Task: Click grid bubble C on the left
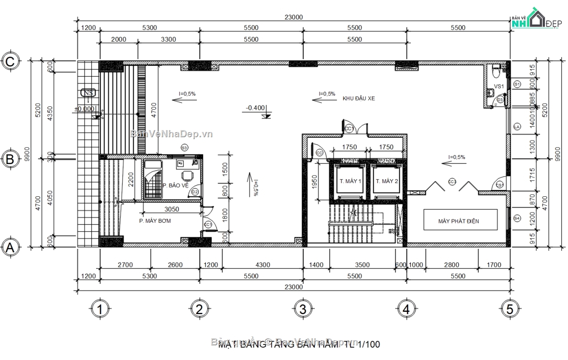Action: coord(10,61)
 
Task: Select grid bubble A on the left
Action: coord(10,247)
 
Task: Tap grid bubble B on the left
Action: coord(10,159)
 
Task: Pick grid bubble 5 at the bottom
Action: coord(509,309)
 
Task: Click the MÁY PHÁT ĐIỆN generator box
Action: coord(460,220)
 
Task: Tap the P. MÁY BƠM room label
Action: coord(155,221)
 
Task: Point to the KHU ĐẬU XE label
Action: coord(359,98)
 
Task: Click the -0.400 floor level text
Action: coord(255,108)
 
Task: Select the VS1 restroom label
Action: coord(499,87)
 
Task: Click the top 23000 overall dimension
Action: coord(293,17)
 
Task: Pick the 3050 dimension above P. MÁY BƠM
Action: coord(171,209)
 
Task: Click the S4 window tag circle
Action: coord(517,218)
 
